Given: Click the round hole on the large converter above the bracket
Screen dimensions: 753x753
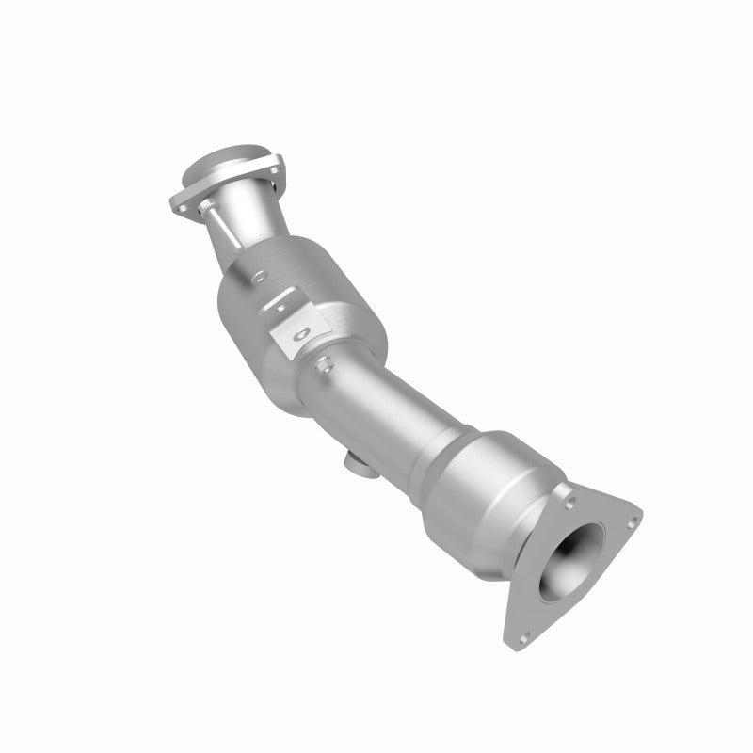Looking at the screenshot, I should (256, 275).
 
